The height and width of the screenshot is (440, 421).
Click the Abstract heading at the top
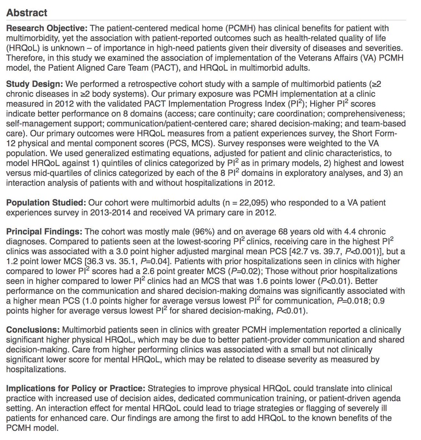(27, 13)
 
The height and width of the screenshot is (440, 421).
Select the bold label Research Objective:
(46, 28)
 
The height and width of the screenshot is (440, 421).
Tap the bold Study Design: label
(35, 84)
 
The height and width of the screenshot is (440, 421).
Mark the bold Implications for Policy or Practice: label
(76, 388)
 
